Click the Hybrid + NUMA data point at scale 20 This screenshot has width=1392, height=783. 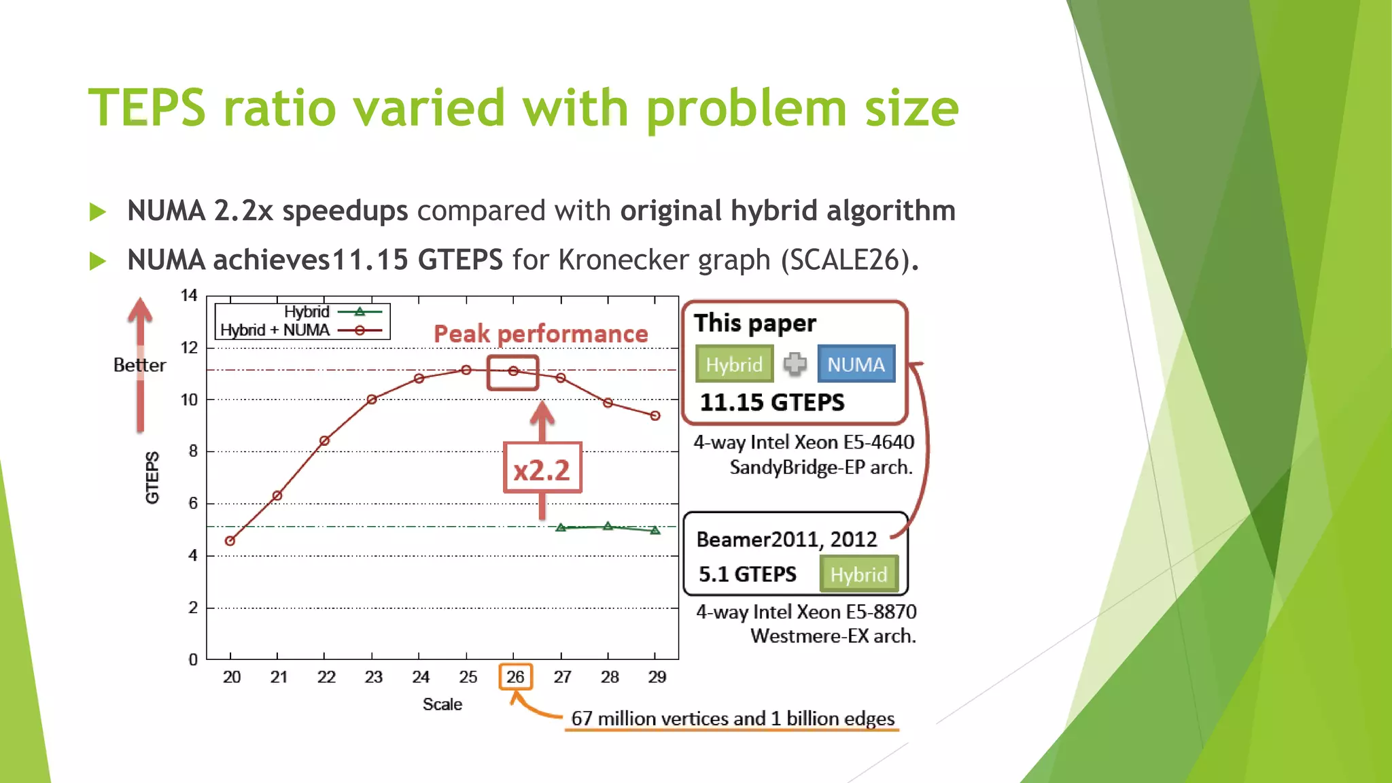[x=230, y=541]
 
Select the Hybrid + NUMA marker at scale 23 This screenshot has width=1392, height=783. [x=372, y=400]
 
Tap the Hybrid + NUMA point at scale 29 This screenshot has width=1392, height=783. [x=655, y=415]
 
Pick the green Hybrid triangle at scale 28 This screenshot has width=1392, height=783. [x=608, y=526]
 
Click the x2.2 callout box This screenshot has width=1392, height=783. [x=542, y=469]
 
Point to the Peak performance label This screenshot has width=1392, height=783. [x=540, y=334]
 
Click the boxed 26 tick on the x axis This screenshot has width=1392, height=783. [x=515, y=677]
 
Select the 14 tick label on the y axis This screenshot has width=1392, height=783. [x=189, y=296]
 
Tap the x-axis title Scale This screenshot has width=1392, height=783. [x=442, y=704]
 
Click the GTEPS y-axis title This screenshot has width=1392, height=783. [x=152, y=477]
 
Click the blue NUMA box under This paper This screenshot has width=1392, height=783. [x=856, y=364]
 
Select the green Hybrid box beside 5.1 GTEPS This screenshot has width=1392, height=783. [x=858, y=574]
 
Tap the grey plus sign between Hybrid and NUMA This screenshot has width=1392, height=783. [x=795, y=364]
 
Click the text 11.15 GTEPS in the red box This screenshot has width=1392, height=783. [x=772, y=402]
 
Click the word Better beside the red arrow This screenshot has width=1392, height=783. [x=139, y=365]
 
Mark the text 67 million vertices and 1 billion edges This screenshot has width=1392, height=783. [x=732, y=718]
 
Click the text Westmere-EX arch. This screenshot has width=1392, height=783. [x=833, y=636]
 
